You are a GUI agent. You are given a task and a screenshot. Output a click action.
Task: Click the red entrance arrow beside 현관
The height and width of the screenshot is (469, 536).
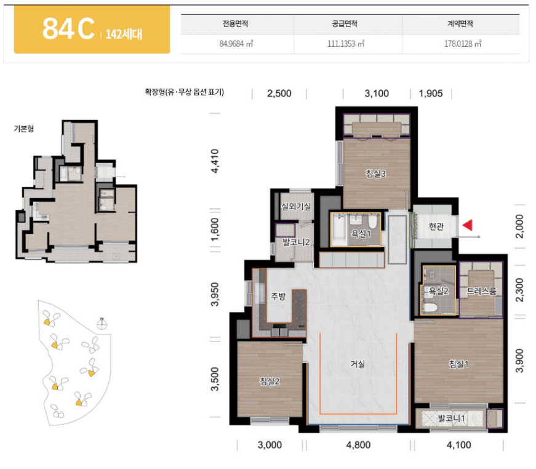pyautogui.click(x=467, y=225)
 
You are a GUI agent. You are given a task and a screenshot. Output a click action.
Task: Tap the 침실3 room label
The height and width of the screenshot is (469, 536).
pyautogui.click(x=375, y=174)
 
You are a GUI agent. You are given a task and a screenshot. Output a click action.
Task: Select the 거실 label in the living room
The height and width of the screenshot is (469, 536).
pyautogui.click(x=358, y=364)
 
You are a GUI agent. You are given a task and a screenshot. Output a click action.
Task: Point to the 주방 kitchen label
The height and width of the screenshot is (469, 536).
pyautogui.click(x=278, y=295)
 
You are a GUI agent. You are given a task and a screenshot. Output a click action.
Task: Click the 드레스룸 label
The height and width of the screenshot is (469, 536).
pyautogui.click(x=481, y=291)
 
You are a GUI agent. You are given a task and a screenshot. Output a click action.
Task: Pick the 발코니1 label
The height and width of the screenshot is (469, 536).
pyautogui.click(x=451, y=418)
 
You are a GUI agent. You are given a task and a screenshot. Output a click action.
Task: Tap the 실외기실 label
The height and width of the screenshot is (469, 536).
pyautogui.click(x=296, y=206)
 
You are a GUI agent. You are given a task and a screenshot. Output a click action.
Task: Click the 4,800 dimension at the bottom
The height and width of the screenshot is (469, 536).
pyautogui.click(x=358, y=445)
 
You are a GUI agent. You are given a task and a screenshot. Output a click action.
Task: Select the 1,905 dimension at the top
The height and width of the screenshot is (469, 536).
pyautogui.click(x=431, y=94)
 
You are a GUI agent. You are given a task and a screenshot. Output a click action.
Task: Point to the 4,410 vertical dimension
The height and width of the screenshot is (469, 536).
pyautogui.click(x=215, y=161)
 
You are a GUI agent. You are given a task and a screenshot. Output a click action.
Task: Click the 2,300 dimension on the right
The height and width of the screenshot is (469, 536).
pyautogui.click(x=519, y=290)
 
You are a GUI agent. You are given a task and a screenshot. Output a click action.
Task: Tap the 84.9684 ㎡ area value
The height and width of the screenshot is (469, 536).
pyautogui.click(x=236, y=44)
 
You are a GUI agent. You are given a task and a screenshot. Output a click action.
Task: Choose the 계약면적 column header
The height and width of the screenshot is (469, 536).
pyautogui.click(x=460, y=23)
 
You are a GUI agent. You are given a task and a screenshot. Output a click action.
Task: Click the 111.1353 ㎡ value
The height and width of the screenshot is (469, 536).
pyautogui.click(x=346, y=44)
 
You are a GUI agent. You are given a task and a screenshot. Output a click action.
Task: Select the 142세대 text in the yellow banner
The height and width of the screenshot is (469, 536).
pyautogui.click(x=124, y=34)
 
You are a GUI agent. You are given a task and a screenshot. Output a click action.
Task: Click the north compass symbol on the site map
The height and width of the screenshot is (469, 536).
pyautogui.click(x=102, y=323)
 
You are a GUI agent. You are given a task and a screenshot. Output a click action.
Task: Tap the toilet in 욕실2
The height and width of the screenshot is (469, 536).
pyautogui.click(x=430, y=307)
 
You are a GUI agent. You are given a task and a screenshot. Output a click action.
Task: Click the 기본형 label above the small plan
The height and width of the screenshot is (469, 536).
pyautogui.click(x=23, y=129)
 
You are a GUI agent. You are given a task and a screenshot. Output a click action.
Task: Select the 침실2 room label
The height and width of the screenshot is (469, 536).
pyautogui.click(x=270, y=381)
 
